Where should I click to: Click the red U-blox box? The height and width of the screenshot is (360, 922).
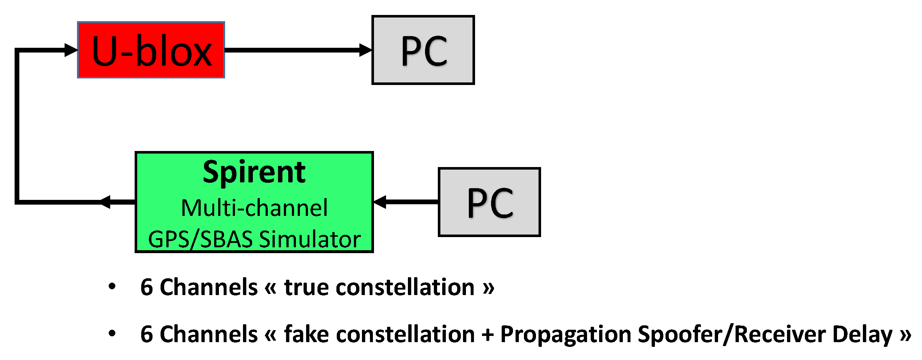click(x=151, y=50)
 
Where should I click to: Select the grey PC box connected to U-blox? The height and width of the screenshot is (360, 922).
click(x=423, y=50)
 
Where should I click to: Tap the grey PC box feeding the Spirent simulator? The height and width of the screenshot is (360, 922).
click(x=489, y=202)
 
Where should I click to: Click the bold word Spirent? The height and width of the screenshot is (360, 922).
click(x=254, y=172)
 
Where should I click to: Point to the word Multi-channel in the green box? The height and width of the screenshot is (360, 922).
click(x=254, y=208)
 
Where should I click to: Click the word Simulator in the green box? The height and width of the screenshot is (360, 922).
click(x=310, y=239)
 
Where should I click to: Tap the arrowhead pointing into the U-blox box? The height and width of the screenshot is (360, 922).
click(x=71, y=50)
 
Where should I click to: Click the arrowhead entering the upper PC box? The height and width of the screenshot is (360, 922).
click(x=365, y=50)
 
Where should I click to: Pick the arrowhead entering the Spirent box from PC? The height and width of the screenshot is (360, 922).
click(x=380, y=202)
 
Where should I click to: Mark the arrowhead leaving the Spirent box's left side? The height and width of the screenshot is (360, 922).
click(x=105, y=202)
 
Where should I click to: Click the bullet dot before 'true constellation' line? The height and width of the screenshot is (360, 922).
click(x=112, y=286)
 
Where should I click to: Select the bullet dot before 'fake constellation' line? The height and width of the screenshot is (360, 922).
click(x=112, y=333)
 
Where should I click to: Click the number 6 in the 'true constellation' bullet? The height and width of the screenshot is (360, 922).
click(x=146, y=287)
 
